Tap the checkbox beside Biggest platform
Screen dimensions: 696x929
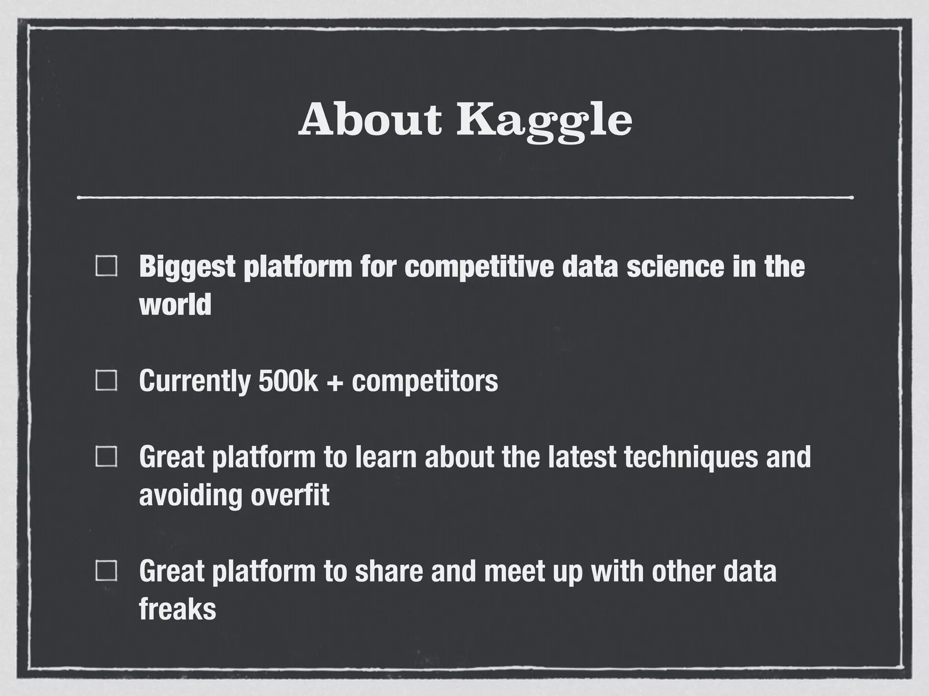[x=107, y=266]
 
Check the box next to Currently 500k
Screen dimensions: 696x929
[x=107, y=380]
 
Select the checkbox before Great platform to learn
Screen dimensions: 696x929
[x=107, y=456]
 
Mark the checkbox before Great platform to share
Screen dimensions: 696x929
[x=107, y=570]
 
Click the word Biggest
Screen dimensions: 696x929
[x=187, y=267]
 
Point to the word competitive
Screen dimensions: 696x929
[x=479, y=267]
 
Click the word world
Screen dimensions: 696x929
[x=175, y=304]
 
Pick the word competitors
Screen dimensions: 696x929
[x=425, y=382]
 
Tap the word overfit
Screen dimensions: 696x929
[x=290, y=495]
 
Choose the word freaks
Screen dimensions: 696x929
[x=177, y=609]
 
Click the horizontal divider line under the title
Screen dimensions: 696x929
[x=464, y=198]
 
